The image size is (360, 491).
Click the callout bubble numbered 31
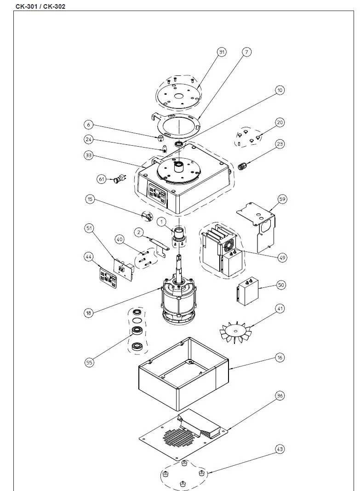click(x=222, y=52)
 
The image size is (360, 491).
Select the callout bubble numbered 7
click(x=246, y=52)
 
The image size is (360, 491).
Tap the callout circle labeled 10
click(x=280, y=91)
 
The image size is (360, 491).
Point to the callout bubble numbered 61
click(x=102, y=178)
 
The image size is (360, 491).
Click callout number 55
click(x=90, y=363)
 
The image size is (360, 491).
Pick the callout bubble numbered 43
click(x=280, y=449)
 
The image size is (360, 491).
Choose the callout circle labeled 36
click(x=280, y=395)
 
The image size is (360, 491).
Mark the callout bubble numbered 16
click(x=280, y=357)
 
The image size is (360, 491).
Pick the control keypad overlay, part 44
click(x=106, y=276)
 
